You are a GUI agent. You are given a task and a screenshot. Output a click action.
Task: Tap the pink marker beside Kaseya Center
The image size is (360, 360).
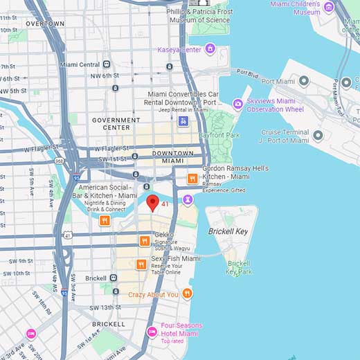(x=210, y=48)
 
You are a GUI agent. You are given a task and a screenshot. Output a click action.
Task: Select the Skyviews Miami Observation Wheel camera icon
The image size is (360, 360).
(x=238, y=104)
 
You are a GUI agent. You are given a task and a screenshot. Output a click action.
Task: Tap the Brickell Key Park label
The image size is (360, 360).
(x=240, y=267)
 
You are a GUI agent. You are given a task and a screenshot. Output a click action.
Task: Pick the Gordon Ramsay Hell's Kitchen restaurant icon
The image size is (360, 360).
(x=192, y=179)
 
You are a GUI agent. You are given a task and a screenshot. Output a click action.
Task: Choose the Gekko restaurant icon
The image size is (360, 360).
(x=145, y=241)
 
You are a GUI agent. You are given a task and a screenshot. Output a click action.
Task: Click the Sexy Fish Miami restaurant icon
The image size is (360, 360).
(x=141, y=264)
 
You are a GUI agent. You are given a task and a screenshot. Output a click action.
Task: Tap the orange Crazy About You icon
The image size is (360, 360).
(x=187, y=294)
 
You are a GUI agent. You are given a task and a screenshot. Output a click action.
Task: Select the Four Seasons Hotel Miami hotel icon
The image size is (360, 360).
(x=152, y=332)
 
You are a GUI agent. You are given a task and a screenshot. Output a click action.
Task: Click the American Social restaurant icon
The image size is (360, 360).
(x=105, y=220)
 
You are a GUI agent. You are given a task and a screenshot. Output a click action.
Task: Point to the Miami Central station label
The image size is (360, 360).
(x=80, y=64)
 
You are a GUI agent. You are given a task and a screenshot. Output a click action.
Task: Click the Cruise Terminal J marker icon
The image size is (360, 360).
(x=318, y=136)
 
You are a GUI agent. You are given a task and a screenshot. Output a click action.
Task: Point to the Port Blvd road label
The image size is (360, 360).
(x=246, y=71)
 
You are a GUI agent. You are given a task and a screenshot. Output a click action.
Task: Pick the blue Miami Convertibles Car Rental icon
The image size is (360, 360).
(x=183, y=121)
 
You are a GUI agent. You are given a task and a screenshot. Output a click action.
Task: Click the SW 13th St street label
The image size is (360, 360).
(x=105, y=307)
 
